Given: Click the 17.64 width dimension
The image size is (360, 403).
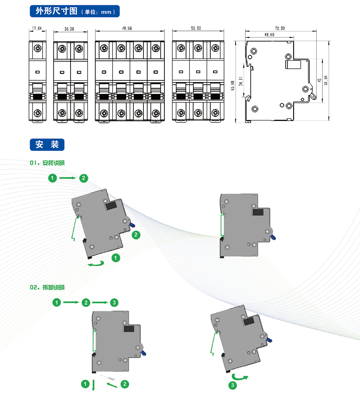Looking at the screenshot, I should tap(37, 29).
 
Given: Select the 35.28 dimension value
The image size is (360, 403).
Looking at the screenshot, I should tap(69, 29).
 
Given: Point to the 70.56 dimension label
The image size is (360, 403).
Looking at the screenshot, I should tap(127, 28).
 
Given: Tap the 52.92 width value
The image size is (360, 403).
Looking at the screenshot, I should tap(196, 28).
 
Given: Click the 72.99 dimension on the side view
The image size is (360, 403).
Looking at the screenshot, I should tap(280, 29).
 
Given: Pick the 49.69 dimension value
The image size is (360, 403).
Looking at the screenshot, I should tap(269, 35).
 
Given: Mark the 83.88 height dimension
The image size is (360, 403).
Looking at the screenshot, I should tap(232, 86).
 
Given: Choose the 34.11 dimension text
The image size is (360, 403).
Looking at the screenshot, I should tap(241, 81).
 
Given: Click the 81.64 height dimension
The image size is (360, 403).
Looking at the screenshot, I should tap(326, 80).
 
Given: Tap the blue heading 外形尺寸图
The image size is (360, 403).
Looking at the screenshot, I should tap(56, 11).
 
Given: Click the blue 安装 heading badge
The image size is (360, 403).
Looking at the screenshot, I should tap(47, 145).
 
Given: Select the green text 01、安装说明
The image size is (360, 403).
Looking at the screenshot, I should tap(47, 163).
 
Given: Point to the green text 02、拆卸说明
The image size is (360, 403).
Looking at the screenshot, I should tap(47, 287).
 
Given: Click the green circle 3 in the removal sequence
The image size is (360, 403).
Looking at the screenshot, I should tap(114, 302).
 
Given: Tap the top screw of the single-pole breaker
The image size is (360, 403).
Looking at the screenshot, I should tap(37, 48).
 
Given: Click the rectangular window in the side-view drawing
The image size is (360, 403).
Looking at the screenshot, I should tap(292, 64).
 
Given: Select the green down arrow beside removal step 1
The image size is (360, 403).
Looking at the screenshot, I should tap(93, 385).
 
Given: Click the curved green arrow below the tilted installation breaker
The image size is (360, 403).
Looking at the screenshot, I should tap(96, 264).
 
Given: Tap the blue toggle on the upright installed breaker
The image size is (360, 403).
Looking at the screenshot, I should tap(273, 238).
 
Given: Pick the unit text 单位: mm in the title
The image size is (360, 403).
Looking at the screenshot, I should tap(98, 12).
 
